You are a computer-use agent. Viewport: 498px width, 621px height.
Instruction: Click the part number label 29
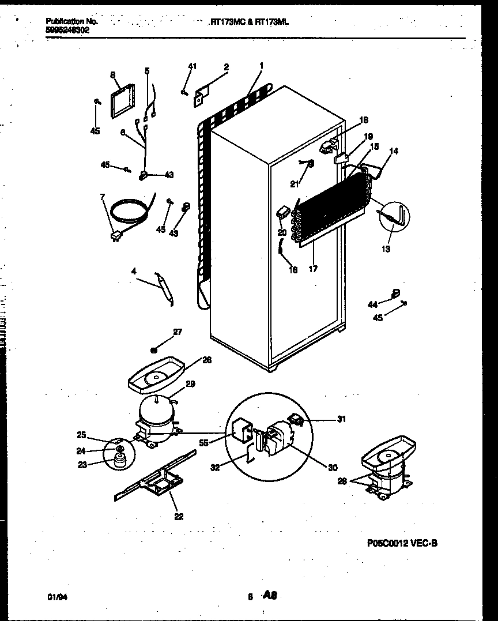190,384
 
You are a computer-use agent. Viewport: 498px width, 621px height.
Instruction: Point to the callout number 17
313,268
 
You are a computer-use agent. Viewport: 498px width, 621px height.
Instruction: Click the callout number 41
192,67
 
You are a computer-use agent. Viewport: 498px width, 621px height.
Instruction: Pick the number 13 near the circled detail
386,249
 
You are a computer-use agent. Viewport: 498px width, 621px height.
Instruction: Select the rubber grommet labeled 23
120,460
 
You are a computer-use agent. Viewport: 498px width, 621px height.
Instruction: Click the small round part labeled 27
154,349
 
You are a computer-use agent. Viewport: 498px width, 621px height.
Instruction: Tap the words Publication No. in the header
71,21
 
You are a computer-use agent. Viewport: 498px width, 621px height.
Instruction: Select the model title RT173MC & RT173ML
249,21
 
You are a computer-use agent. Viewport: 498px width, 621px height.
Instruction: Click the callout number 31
341,419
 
